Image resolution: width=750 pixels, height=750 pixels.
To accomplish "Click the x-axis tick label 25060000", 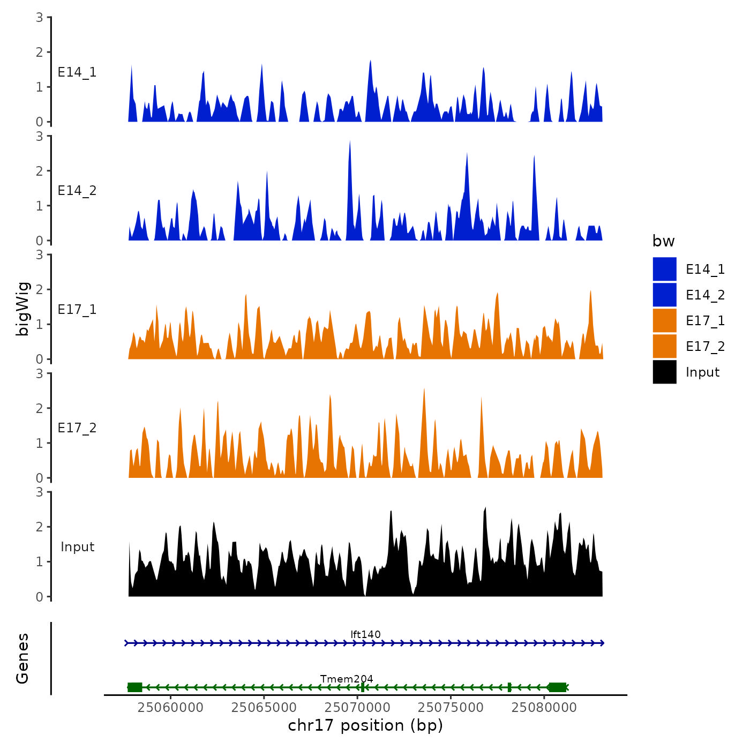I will click(170, 707).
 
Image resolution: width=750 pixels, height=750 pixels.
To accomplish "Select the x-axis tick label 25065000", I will click(264, 707).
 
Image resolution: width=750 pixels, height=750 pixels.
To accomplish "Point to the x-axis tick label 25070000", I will click(357, 707).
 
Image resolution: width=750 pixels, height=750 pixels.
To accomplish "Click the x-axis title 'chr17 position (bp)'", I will click(365, 725).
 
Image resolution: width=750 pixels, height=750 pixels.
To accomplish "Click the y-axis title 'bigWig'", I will click(22, 309).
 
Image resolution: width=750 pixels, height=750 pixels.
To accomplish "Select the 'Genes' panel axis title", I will click(22, 658).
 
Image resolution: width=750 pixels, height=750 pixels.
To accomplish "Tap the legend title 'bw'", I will click(663, 241).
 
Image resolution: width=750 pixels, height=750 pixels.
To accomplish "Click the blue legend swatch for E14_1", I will click(664, 269).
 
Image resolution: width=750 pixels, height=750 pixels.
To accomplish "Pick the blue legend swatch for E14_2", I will click(664, 295).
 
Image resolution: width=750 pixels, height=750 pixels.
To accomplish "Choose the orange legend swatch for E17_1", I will click(664, 320).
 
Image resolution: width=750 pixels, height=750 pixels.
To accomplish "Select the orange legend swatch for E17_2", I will click(664, 346).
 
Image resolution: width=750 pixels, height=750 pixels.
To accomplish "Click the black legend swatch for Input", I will click(664, 372).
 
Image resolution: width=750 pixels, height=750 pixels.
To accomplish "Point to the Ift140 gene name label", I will click(365, 634).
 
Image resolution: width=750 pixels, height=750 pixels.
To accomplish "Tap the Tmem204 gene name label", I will click(347, 679).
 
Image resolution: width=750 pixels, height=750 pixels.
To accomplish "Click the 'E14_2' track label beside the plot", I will click(77, 191).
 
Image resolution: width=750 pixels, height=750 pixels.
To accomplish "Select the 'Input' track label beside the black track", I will click(77, 547).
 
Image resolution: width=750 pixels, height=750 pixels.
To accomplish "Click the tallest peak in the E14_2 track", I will click(350, 142).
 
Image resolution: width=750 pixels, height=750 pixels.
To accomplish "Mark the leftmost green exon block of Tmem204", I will click(134, 687).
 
